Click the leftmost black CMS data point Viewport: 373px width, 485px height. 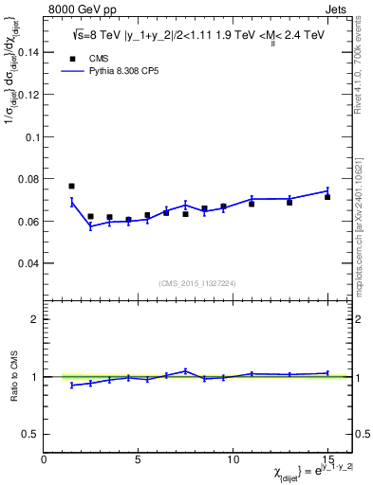click(x=72, y=186)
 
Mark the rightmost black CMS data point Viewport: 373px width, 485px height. click(x=327, y=197)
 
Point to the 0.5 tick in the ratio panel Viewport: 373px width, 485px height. click(x=31, y=434)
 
